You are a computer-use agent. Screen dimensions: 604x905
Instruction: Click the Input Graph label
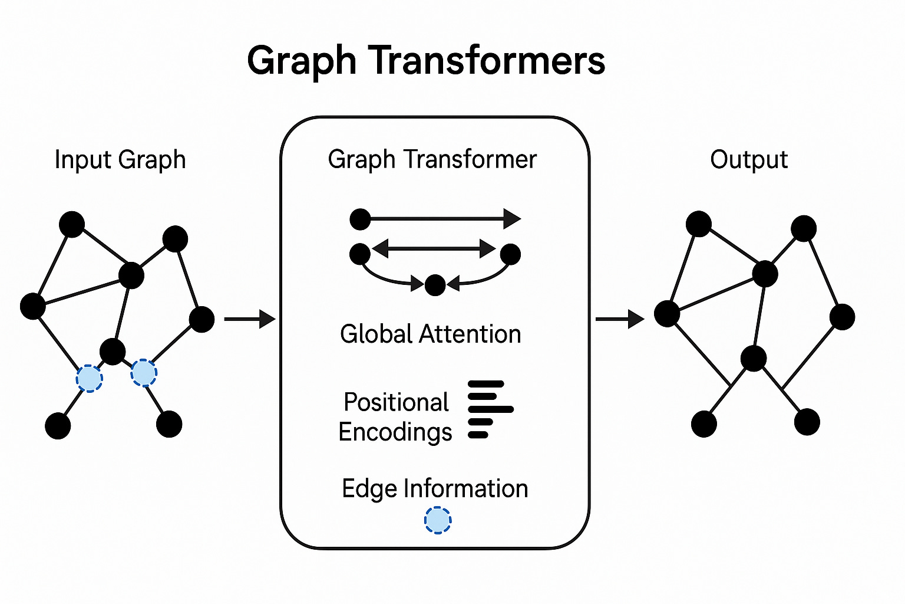(120, 160)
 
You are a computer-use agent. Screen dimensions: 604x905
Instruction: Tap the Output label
(749, 160)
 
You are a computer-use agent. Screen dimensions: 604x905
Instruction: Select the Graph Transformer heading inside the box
(432, 160)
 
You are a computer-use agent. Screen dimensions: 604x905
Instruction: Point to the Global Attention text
(431, 334)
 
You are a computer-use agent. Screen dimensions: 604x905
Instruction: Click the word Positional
(396, 402)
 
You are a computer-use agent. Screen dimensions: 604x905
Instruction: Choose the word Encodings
(395, 432)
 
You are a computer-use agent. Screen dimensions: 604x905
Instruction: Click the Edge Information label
(435, 489)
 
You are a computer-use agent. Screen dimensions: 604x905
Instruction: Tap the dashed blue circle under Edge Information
(438, 520)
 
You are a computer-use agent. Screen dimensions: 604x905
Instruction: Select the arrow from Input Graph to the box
(250, 319)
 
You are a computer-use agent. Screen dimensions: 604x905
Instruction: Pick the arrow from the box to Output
(620, 319)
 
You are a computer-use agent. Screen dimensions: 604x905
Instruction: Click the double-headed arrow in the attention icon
(434, 248)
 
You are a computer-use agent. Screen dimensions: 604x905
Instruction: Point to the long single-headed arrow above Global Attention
(439, 219)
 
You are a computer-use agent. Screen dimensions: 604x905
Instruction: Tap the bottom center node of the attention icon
(435, 285)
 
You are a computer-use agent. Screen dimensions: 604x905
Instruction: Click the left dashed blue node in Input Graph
(90, 378)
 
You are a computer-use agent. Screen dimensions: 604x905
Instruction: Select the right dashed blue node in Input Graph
(144, 373)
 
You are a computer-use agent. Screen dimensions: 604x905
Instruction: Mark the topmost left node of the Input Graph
(72, 224)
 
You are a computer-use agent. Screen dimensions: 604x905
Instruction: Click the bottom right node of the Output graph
(807, 422)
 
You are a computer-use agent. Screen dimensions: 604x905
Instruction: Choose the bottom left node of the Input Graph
(58, 426)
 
